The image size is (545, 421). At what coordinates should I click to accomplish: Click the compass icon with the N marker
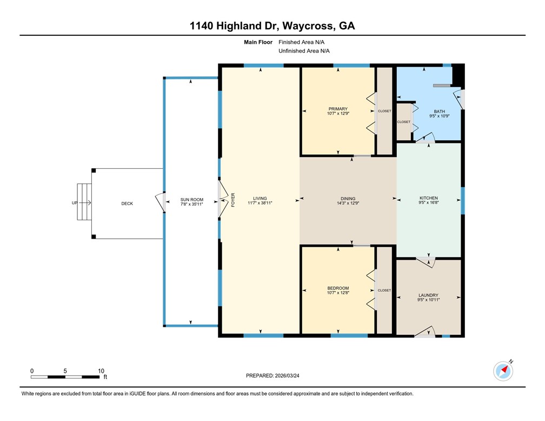[503, 371]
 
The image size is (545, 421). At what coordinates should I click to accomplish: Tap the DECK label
[127, 203]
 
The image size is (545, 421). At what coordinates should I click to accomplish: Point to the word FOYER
[234, 200]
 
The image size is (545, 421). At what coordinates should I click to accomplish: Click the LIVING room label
[261, 198]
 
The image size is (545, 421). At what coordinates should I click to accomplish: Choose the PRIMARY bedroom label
[338, 109]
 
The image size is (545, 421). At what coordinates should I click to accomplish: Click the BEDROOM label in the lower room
[338, 288]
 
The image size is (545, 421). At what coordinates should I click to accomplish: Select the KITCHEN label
[429, 198]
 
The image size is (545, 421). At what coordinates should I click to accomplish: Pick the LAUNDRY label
[428, 295]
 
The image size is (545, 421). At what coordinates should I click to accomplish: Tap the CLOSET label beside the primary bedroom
[384, 111]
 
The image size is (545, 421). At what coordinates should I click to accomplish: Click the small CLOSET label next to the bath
[404, 122]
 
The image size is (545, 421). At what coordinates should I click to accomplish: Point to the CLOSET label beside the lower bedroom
[384, 290]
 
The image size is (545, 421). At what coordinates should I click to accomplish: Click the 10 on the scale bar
[100, 371]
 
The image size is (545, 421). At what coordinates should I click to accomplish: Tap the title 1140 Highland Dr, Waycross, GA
[272, 25]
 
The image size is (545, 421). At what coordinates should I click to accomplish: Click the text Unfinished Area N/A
[304, 51]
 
